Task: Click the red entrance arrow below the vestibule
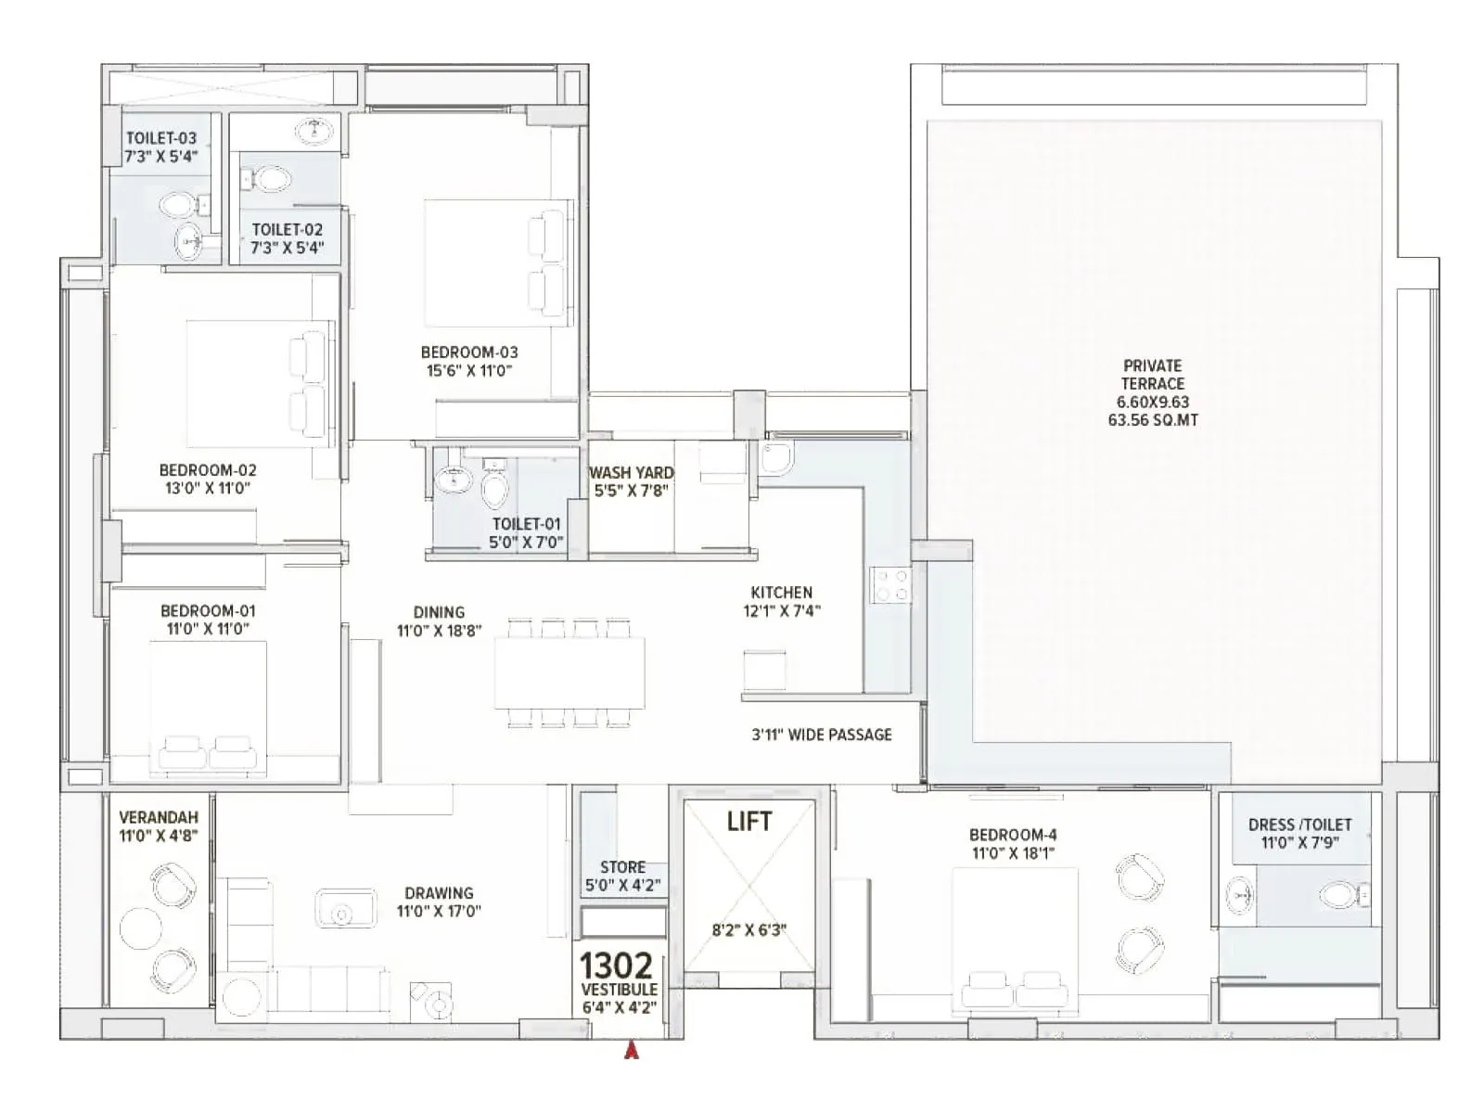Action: tap(632, 1050)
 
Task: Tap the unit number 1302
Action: tap(616, 966)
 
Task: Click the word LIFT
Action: tap(749, 822)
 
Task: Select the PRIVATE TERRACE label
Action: tap(1152, 375)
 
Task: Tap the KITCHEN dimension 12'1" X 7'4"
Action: tap(782, 610)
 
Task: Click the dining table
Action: tap(569, 672)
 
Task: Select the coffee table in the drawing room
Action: tap(345, 908)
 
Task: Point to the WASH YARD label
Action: tap(631, 472)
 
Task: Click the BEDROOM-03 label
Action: tap(469, 352)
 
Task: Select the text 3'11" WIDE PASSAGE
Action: tap(822, 735)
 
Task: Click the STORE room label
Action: tap(622, 867)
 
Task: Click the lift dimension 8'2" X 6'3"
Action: tap(749, 930)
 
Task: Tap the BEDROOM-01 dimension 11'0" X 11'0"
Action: tap(208, 629)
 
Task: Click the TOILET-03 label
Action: tap(161, 138)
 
